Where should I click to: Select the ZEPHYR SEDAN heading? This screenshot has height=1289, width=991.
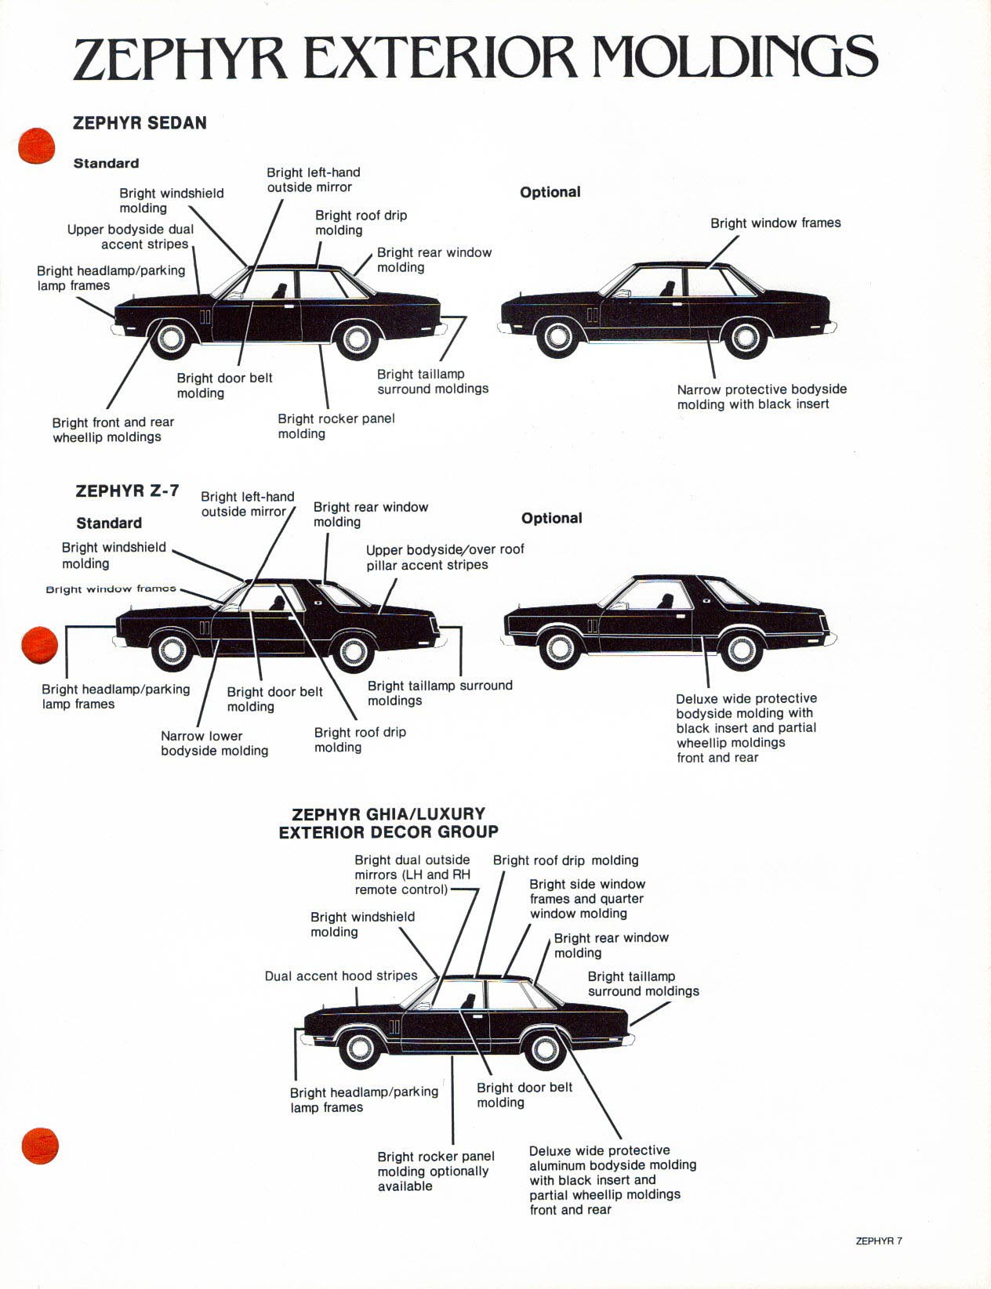(140, 123)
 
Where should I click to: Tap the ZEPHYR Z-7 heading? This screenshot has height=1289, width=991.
(127, 491)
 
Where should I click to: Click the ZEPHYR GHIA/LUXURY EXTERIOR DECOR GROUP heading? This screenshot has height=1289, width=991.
(388, 823)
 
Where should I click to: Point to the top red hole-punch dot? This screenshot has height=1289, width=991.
(37, 146)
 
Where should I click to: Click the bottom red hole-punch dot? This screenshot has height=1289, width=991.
(40, 1146)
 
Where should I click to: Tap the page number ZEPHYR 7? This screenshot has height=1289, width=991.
(878, 1240)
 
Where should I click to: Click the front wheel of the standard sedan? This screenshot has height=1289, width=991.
(170, 339)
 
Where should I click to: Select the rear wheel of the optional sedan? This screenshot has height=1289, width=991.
(745, 338)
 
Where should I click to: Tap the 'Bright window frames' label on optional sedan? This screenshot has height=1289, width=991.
(775, 223)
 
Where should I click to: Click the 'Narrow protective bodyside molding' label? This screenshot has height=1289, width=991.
(761, 396)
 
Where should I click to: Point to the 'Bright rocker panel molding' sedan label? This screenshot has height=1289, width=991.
(336, 425)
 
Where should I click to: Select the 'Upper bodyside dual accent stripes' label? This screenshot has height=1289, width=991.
(130, 237)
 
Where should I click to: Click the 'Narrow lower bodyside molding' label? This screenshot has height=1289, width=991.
(214, 743)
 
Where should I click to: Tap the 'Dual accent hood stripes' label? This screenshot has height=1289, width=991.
(340, 976)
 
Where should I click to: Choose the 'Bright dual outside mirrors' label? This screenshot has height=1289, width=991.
(412, 874)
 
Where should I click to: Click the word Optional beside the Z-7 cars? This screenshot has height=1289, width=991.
(551, 518)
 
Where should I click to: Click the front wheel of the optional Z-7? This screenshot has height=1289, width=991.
(559, 649)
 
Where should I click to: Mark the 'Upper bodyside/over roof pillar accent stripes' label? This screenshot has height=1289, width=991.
(445, 557)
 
